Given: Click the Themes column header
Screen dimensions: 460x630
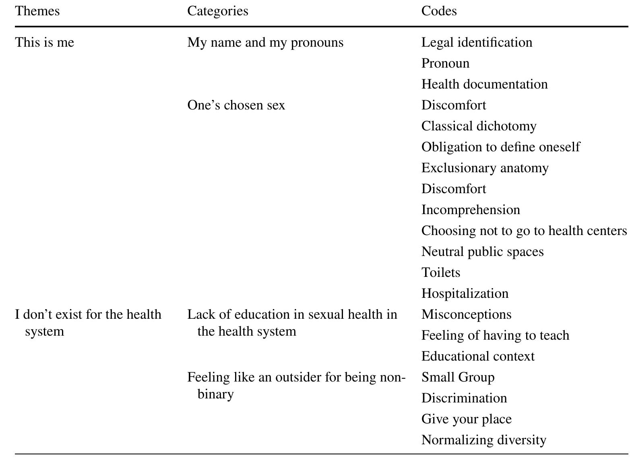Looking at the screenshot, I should (37, 11).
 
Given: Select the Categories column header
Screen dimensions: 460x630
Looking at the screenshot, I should (218, 11).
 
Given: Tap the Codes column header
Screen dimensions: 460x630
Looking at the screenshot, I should (439, 11).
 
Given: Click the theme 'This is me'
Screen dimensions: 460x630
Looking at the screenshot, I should (45, 42).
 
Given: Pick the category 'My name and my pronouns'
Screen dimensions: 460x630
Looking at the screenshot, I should (265, 42).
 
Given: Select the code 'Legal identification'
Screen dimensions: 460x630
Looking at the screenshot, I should (477, 42).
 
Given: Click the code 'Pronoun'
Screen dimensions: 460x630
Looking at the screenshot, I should (445, 63).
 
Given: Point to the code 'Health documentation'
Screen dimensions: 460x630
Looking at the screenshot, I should (484, 84).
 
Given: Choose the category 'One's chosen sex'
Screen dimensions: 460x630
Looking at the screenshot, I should (236, 105).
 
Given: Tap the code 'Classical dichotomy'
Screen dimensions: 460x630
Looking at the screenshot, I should (479, 126).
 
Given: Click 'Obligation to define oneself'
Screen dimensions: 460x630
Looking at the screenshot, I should (500, 147).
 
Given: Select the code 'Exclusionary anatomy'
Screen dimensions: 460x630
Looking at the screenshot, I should (485, 168).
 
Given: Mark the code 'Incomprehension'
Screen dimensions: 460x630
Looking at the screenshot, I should (471, 210).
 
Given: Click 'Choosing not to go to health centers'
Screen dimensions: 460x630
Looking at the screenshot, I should (524, 231).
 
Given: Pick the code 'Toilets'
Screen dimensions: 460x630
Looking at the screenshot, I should (441, 272).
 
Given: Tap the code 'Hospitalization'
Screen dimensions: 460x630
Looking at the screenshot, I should (465, 293).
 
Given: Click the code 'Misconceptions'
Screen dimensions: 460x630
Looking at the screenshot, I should (466, 314).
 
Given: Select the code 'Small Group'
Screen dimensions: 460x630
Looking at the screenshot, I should (458, 377).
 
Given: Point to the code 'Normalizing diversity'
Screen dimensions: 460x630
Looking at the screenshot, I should (484, 440).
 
